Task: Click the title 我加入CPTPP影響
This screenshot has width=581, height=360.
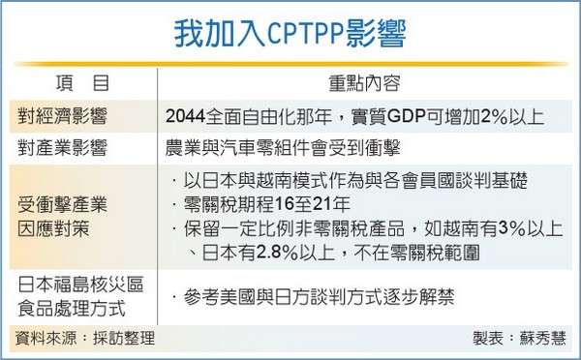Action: [x=290, y=34]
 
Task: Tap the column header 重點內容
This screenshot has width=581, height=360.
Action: [x=365, y=83]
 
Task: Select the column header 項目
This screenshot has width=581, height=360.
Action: [x=82, y=83]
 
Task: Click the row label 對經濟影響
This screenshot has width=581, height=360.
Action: [x=62, y=116]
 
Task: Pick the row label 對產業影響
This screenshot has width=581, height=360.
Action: [x=62, y=148]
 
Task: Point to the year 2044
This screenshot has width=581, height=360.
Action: [x=185, y=116]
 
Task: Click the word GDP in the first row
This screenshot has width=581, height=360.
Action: [x=406, y=116]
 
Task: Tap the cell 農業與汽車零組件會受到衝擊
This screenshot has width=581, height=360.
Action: [x=283, y=148]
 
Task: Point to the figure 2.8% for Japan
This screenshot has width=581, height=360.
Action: [x=277, y=253]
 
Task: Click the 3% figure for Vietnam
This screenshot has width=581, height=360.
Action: [x=512, y=228]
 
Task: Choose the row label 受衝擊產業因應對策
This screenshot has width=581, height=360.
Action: [x=62, y=217]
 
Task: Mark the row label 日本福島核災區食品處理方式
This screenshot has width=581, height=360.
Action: [x=80, y=297]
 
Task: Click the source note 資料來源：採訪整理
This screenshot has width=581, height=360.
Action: [x=85, y=338]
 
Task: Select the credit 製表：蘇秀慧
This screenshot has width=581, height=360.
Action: [x=519, y=338]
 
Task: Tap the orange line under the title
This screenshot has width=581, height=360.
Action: [x=290, y=64]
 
